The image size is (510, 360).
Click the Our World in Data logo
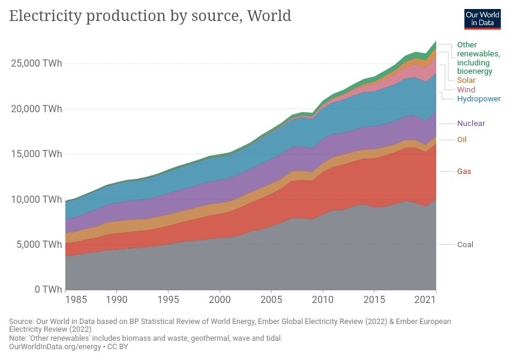[482, 19]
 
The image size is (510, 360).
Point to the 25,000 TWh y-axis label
[37, 64]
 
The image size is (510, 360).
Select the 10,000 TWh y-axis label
[37, 199]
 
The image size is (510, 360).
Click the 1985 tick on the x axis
[76, 299]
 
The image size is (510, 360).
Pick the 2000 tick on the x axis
[220, 299]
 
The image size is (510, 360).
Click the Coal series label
[465, 244]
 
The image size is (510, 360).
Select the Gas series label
[464, 172]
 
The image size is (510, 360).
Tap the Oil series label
[461, 140]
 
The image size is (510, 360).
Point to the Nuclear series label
[471, 124]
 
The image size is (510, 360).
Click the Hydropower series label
[479, 98]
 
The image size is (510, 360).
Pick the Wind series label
[466, 90]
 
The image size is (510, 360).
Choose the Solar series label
[466, 80]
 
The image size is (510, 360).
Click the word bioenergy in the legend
[475, 71]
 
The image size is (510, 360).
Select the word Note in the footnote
[18, 338]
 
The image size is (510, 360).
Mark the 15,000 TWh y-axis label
[37, 154]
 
